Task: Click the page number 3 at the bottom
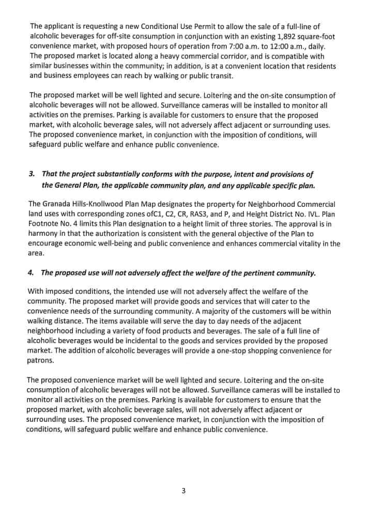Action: [183, 491]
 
